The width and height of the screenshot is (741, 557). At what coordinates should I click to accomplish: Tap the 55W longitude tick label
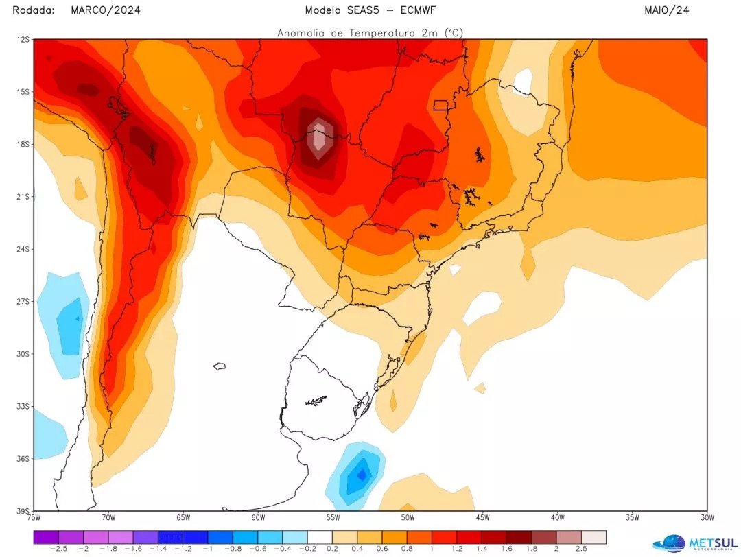coord(333,517)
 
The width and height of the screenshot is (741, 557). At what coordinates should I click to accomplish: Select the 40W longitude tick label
coord(557,517)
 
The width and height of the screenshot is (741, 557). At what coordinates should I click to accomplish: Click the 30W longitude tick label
coord(707,517)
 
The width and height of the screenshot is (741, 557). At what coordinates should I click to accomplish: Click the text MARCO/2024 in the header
coord(106,10)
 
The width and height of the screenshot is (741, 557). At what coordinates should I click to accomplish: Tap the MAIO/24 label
coord(666,10)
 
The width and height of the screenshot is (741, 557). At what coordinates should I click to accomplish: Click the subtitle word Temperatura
coord(380,32)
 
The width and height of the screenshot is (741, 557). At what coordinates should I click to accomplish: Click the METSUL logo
coord(693,543)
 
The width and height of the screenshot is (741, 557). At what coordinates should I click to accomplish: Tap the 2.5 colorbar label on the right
coord(581,549)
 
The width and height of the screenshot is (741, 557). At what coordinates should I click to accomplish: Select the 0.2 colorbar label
coord(333,549)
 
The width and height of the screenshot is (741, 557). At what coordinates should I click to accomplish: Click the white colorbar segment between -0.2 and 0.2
coord(320,536)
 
